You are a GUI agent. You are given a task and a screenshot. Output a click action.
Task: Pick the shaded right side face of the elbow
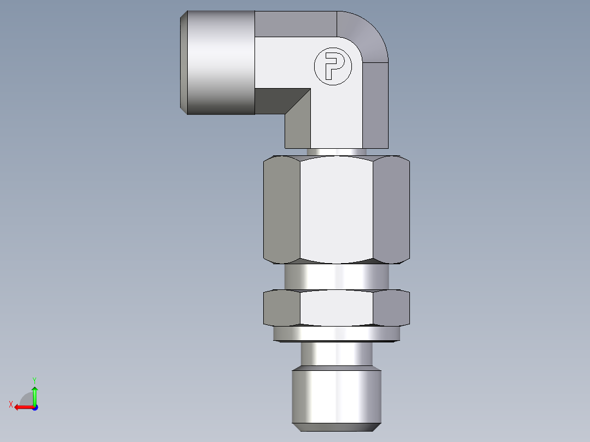[x=375, y=104]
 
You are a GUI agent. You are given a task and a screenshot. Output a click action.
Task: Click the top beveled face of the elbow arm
[x=296, y=24]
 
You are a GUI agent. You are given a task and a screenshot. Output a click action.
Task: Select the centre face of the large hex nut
[x=337, y=208]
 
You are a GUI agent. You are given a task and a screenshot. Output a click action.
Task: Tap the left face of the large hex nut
[x=282, y=208]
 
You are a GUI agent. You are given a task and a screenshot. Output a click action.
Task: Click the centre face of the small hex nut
[x=337, y=307]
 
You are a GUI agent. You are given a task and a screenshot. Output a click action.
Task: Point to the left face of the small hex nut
[x=282, y=307]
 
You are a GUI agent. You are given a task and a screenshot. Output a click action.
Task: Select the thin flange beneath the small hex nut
[x=337, y=334]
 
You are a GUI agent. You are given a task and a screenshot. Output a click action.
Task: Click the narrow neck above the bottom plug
[x=337, y=354]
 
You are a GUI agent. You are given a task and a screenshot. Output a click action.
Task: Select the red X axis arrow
[x=22, y=407]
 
